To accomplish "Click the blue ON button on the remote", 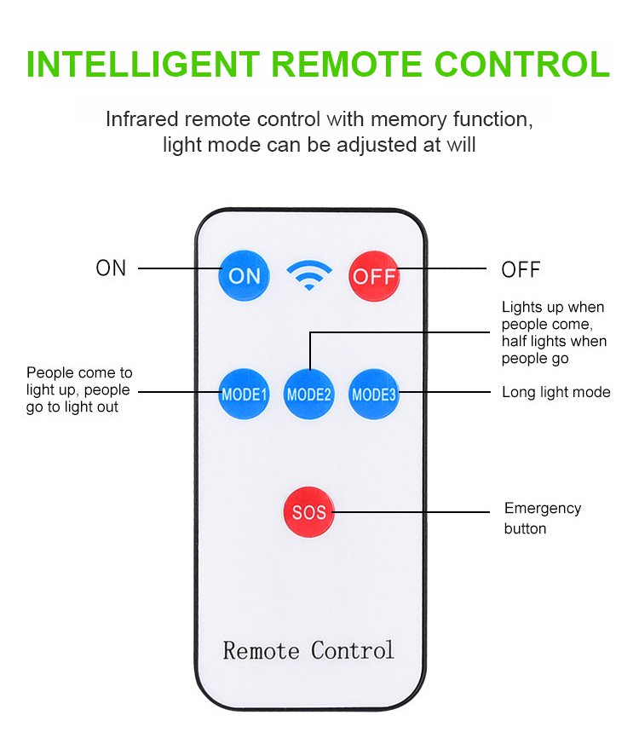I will click(245, 275).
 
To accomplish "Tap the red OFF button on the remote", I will click(375, 276).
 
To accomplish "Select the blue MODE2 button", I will click(309, 395).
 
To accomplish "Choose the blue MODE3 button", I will click(375, 394).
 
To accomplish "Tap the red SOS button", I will click(309, 513).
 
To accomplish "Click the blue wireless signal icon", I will click(309, 274).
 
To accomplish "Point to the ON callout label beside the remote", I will click(111, 268).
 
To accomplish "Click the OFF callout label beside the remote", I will click(521, 270).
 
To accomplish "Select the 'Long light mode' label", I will click(556, 393).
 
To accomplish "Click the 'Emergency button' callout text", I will click(542, 518).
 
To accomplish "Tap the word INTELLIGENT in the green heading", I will click(142, 66).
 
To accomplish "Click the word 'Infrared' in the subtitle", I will click(141, 119).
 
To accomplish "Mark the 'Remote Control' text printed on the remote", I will click(308, 650).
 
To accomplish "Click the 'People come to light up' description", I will click(78, 390).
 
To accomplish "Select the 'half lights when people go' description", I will click(554, 350).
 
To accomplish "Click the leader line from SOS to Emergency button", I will click(417, 512).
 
